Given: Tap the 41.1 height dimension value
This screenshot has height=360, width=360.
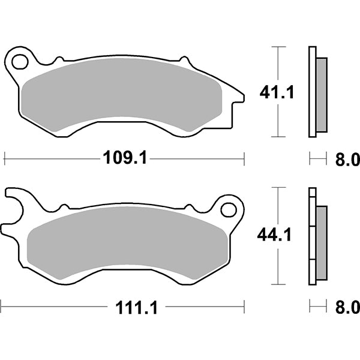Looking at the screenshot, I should tap(276, 92).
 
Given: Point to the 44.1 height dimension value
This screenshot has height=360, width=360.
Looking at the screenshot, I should tap(276, 235).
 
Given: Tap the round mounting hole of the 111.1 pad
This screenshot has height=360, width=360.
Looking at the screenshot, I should tap(228, 209).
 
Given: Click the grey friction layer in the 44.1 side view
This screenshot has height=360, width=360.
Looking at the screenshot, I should tap(322, 242).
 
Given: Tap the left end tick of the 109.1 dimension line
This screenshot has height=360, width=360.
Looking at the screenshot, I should tap(5, 158).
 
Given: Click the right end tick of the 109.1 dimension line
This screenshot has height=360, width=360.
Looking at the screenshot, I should tap(244, 158).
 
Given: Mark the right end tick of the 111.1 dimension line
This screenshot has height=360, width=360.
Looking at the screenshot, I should tap(244, 308).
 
